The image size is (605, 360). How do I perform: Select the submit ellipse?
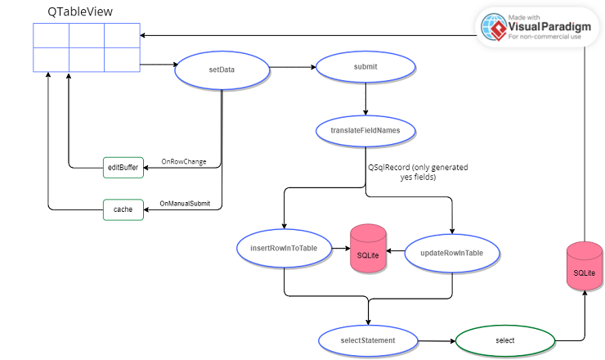click(x=365, y=68)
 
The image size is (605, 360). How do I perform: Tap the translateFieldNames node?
click(x=365, y=130)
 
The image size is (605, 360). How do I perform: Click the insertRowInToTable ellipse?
click(x=284, y=247)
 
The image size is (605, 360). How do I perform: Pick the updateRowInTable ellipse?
click(x=451, y=253)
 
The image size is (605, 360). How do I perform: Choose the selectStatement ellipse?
click(x=368, y=340)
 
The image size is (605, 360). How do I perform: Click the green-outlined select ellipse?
click(x=504, y=340)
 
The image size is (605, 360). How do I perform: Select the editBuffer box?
click(x=123, y=167)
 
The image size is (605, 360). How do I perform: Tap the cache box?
click(x=123, y=209)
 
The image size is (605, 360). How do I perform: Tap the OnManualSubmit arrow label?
click(x=185, y=204)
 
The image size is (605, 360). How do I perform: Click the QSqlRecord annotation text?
click(x=418, y=172)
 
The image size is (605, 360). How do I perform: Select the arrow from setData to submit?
click(x=293, y=69)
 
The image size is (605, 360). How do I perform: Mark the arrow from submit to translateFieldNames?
click(x=365, y=100)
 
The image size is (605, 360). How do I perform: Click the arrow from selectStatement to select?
click(x=437, y=340)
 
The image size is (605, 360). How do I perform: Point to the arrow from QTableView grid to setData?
click(x=157, y=65)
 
